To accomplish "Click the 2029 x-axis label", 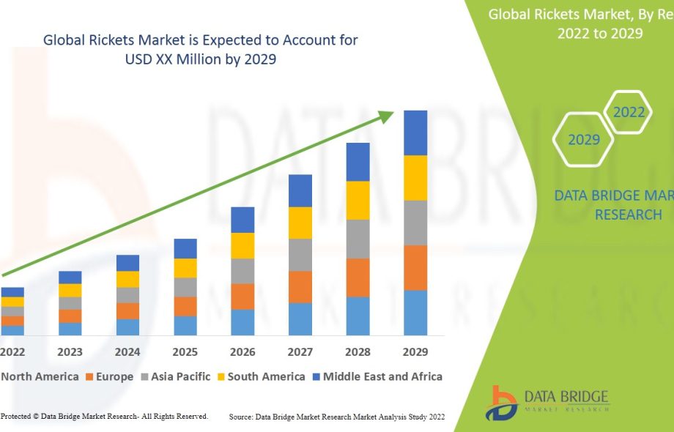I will coord(415,352).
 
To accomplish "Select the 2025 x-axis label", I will coord(185,352).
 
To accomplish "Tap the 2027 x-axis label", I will coord(300,352).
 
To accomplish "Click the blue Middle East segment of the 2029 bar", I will coord(415,133).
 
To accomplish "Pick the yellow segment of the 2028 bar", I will coord(358,200).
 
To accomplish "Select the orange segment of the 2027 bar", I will coord(300,287).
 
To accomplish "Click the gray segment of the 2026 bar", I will coord(242,271).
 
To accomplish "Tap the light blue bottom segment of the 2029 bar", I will coord(415,313).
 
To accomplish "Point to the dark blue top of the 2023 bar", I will coord(70,278).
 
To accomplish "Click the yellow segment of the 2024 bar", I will coord(127,279).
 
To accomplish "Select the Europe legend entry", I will coord(109,377).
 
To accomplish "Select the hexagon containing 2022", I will coord(629,112).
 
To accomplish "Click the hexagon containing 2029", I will coord(584,139).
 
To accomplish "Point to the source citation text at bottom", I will coord(337,417).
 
